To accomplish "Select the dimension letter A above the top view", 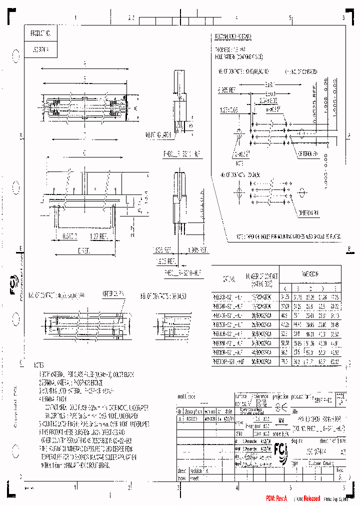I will click(x=84, y=63).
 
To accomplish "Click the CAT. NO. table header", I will click(x=227, y=278).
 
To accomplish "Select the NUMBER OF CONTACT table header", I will click(x=257, y=278).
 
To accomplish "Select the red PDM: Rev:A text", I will click(x=277, y=498).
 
